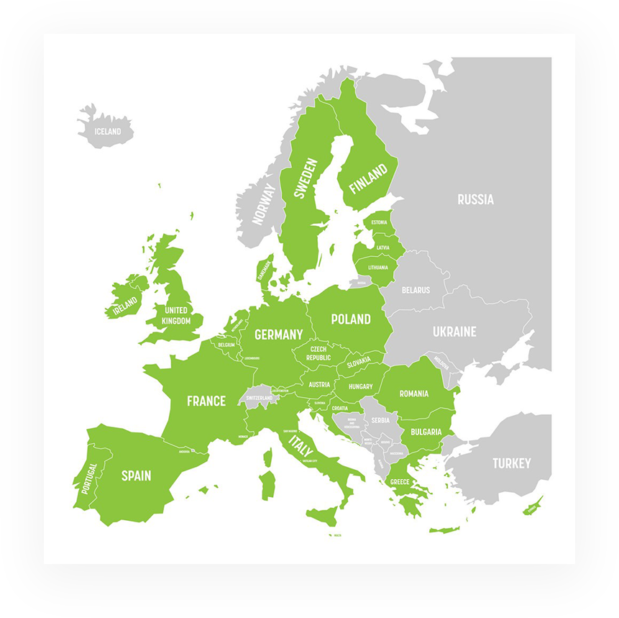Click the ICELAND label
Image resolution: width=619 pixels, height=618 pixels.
click(108, 132)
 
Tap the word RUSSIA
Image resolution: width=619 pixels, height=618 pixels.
click(475, 199)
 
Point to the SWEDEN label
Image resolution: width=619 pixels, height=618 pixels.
click(306, 178)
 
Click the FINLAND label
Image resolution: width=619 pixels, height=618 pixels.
click(367, 178)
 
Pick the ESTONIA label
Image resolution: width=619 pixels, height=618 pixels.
click(379, 223)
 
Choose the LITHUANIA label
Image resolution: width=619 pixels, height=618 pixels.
click(377, 268)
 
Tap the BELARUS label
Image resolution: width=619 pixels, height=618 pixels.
click(416, 290)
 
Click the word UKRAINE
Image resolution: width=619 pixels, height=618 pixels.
click(454, 332)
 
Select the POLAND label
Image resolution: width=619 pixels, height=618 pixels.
click(351, 319)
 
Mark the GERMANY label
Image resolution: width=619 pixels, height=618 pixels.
click(278, 335)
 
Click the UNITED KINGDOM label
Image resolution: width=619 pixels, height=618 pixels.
click(176, 316)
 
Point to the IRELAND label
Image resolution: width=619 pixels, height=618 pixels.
click(124, 307)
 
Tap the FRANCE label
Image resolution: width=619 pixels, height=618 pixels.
click(206, 401)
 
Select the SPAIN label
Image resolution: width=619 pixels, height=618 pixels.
click(136, 476)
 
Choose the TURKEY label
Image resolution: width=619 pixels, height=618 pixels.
click(511, 463)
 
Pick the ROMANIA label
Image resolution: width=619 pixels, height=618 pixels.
click(414, 394)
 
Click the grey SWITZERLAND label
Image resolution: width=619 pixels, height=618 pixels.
click(260, 398)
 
